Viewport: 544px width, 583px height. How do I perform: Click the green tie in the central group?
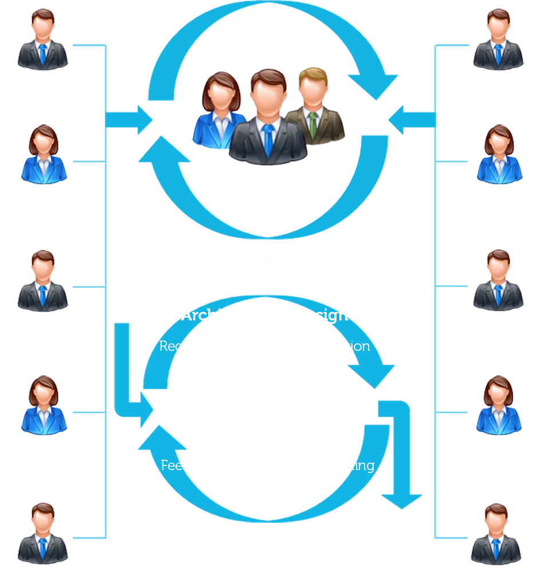pos(312,126)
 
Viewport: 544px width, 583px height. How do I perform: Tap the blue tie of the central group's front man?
pos(268,139)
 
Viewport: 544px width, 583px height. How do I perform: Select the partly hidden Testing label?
pos(352,465)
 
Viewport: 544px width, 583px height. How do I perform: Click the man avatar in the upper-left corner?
pos(42,40)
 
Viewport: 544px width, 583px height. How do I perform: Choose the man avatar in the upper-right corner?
pos(498,40)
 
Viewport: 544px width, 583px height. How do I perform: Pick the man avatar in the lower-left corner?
pos(42,534)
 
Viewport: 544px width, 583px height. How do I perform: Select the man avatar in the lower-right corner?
pos(496,534)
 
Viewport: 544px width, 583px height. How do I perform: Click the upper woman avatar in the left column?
pos(44,155)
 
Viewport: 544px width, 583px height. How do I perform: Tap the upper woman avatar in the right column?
pos(499,155)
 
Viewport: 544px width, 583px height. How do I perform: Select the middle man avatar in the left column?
pos(42,281)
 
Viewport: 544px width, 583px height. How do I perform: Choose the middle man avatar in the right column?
pos(498,281)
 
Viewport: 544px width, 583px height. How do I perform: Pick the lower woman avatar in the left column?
pos(44,406)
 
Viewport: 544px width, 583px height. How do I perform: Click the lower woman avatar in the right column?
pos(499,406)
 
